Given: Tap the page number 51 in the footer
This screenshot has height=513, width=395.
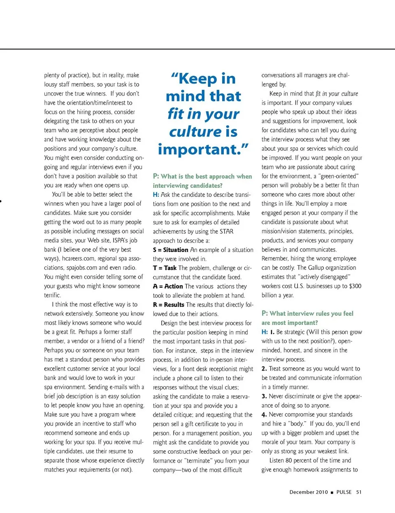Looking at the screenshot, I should [x=359, y=492].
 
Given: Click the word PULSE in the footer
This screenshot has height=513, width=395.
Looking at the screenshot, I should [x=344, y=492].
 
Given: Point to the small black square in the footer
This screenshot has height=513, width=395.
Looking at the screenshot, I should [x=332, y=492].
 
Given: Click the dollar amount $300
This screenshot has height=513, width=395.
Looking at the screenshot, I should [x=355, y=286].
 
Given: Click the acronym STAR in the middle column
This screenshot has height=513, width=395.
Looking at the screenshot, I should [x=226, y=231].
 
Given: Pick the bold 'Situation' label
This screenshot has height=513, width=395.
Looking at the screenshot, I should [x=176, y=250].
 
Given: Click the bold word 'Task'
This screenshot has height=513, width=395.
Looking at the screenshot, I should [x=170, y=268].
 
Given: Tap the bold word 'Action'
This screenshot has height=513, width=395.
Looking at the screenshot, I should [x=174, y=287].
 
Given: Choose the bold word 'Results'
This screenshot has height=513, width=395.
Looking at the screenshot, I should [x=174, y=305].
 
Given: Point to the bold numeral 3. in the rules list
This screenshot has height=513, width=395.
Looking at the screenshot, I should [x=264, y=396].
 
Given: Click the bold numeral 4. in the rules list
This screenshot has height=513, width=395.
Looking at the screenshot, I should [x=264, y=415].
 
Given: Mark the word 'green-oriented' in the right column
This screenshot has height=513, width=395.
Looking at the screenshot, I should [x=339, y=176].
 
